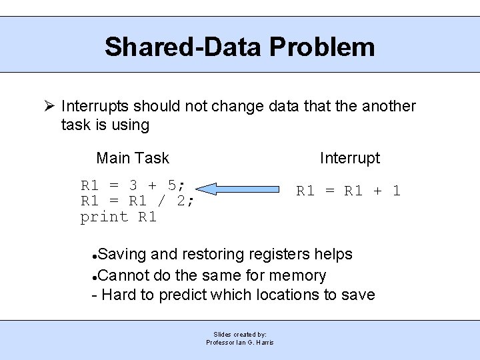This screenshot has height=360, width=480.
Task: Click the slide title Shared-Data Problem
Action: click(239, 47)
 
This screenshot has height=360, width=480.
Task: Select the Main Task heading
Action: click(133, 158)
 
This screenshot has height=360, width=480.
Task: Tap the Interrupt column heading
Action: click(349, 158)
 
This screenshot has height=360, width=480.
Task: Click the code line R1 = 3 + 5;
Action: click(133, 185)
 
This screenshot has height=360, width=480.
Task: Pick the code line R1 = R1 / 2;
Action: click(137, 201)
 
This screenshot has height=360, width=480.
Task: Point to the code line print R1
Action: click(118, 217)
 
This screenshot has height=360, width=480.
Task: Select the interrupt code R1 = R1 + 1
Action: click(348, 191)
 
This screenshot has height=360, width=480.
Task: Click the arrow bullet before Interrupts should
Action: click(49, 106)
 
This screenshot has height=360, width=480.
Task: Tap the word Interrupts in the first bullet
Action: click(95, 106)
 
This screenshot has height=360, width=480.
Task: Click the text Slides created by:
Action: click(240, 334)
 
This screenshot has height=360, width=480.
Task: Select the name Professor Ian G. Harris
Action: click(240, 342)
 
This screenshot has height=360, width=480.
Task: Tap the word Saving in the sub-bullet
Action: click(123, 254)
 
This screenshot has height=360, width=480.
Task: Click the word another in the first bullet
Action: click(388, 106)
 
